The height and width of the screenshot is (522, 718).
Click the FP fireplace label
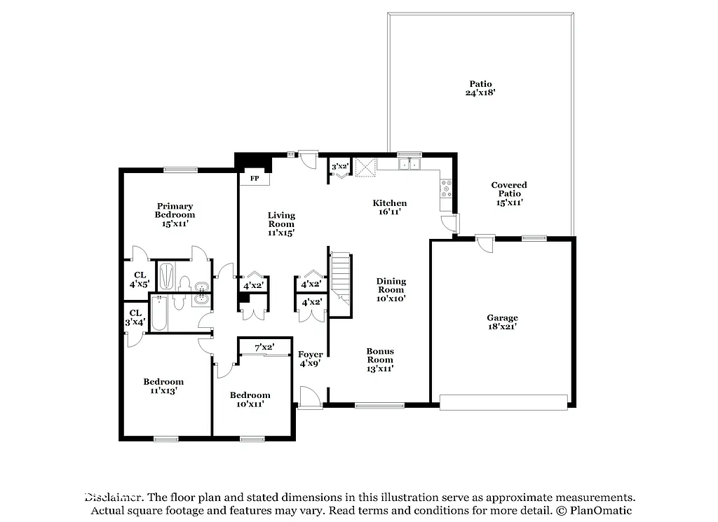pos(255,179)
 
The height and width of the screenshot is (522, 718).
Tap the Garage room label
pos(503,322)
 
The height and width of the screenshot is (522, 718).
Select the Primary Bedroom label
pos(175,214)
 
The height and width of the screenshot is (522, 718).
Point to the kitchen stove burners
pos(445,188)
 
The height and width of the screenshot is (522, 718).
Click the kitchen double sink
pos(408,165)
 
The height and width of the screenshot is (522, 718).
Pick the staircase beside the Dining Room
pos(341,277)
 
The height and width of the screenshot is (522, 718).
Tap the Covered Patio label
pos(508,193)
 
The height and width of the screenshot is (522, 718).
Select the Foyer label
pos(310,359)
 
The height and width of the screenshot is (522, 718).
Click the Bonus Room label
pos(380,359)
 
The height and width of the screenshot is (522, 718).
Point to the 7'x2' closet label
pos(264,347)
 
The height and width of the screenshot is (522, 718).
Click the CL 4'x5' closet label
pos(138,280)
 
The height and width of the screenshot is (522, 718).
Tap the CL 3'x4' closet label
pos(135,317)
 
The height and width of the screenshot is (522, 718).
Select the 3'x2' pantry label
pos(340,166)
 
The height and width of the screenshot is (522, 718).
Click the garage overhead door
pos(503,401)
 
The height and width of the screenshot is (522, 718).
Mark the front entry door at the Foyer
pos(309,398)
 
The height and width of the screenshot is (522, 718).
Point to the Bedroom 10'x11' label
pos(250,399)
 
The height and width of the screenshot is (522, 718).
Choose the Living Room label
pos(280,224)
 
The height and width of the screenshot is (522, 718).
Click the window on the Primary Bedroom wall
pos(180,169)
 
